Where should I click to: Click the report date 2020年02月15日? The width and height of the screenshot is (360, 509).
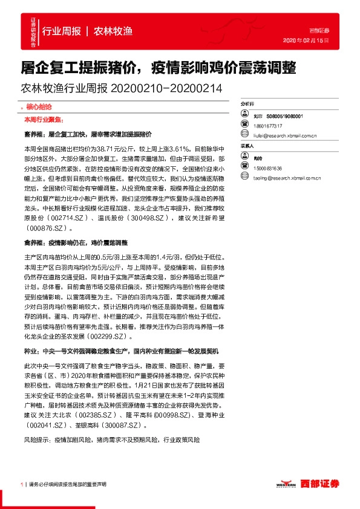click(x=306, y=41)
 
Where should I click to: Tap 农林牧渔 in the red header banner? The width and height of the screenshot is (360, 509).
click(x=113, y=31)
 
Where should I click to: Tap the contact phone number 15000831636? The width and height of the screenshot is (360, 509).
click(x=268, y=168)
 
